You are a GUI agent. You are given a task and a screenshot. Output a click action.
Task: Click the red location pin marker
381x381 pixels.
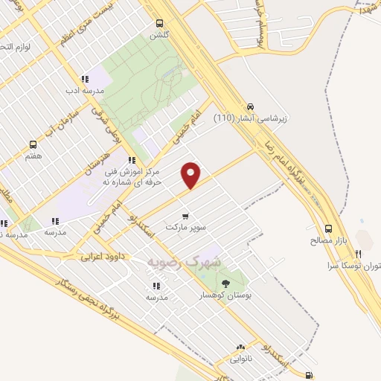(192, 174)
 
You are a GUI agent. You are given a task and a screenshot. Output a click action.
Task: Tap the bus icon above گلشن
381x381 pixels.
(159, 24)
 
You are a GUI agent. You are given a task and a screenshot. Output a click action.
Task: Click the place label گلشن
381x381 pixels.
(159, 35)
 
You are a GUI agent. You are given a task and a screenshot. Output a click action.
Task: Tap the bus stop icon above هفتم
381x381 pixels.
(33, 144)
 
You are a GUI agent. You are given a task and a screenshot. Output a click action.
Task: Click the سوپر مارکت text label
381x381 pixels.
(185, 226)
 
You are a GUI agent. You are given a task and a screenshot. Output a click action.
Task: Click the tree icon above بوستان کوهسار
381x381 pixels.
(225, 284)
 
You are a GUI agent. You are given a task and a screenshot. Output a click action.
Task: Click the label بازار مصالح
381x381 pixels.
(327, 241)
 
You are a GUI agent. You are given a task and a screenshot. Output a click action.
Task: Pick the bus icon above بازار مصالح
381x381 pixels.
(327, 229)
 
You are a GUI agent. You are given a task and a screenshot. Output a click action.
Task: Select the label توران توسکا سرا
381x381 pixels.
(354, 265)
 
